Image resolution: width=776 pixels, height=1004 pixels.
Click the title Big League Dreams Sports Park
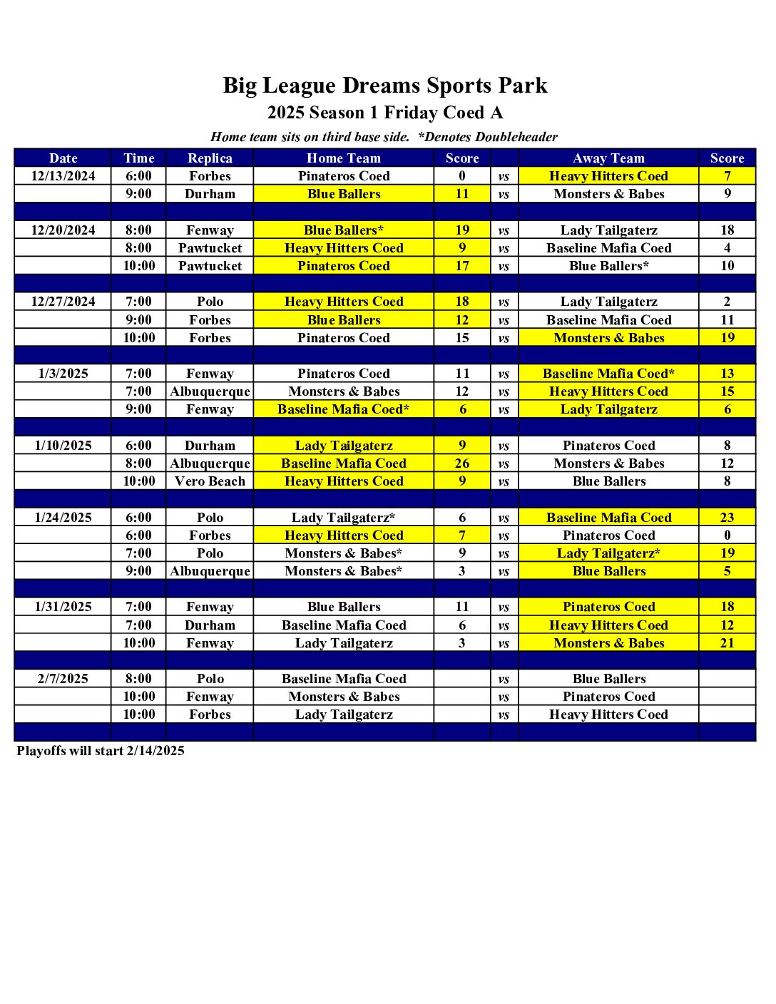(x=385, y=86)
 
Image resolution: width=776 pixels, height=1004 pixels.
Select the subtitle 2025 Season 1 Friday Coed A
(x=385, y=113)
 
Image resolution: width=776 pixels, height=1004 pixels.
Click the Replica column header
(x=210, y=158)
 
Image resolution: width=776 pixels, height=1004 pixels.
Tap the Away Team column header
(x=608, y=158)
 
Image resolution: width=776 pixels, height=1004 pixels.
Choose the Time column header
(x=138, y=158)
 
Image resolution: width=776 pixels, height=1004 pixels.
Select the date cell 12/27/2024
(x=63, y=302)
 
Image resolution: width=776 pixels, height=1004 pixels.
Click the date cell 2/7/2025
(x=63, y=679)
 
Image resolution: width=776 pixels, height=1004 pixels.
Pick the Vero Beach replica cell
(x=210, y=481)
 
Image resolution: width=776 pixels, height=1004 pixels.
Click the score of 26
(x=462, y=463)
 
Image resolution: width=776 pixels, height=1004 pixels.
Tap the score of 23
(x=727, y=518)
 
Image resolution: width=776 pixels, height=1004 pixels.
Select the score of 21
(x=727, y=643)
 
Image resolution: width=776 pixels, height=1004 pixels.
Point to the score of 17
(x=462, y=266)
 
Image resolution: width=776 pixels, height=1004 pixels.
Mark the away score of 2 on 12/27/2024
(x=727, y=302)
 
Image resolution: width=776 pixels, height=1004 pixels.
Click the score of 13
(x=727, y=374)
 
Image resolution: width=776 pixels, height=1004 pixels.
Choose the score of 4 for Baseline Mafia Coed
(x=727, y=248)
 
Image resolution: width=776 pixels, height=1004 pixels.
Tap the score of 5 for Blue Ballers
(x=727, y=571)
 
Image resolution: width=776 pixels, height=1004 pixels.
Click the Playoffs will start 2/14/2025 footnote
(x=101, y=751)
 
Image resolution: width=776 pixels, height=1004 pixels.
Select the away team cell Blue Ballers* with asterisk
(x=608, y=266)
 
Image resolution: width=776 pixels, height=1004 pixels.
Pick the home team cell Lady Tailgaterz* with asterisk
(x=343, y=518)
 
